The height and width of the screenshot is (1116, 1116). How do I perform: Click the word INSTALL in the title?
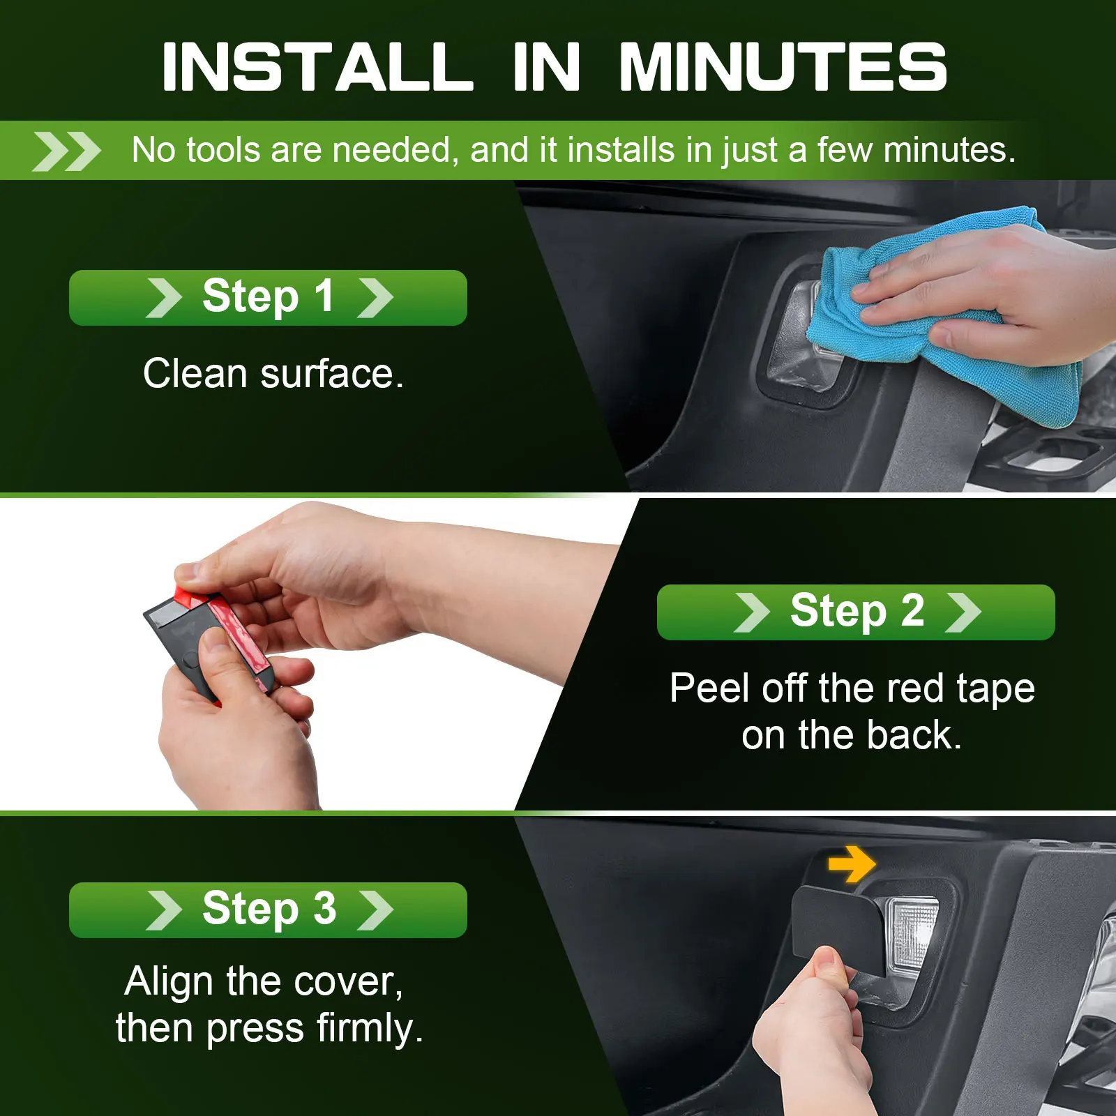coord(317,66)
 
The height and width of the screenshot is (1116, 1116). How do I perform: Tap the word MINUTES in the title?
coord(783,66)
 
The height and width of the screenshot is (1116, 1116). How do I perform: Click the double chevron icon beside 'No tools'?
coord(66,151)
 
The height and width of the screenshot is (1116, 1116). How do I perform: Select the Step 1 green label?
coord(268,298)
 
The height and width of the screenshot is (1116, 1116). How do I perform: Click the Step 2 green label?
coord(856,612)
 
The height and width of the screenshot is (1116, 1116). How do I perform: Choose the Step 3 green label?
coord(268,910)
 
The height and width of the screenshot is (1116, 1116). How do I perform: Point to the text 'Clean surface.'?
coord(273,374)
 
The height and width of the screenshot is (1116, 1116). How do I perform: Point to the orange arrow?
coord(852,865)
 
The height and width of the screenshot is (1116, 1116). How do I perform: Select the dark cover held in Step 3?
coord(837,928)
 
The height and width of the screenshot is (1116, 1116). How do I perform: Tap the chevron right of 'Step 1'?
coord(375,298)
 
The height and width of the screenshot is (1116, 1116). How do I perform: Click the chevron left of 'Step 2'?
coord(752,612)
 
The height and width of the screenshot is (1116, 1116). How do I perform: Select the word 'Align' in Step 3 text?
coord(169,983)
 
